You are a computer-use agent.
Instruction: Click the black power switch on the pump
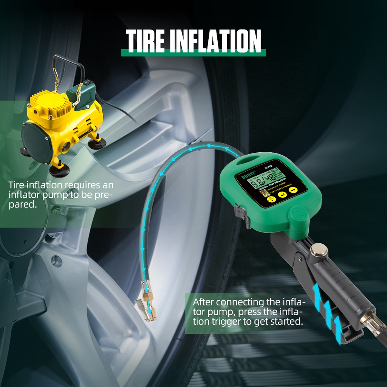[x=87, y=82]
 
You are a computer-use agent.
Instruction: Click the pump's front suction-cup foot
[x=59, y=171]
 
